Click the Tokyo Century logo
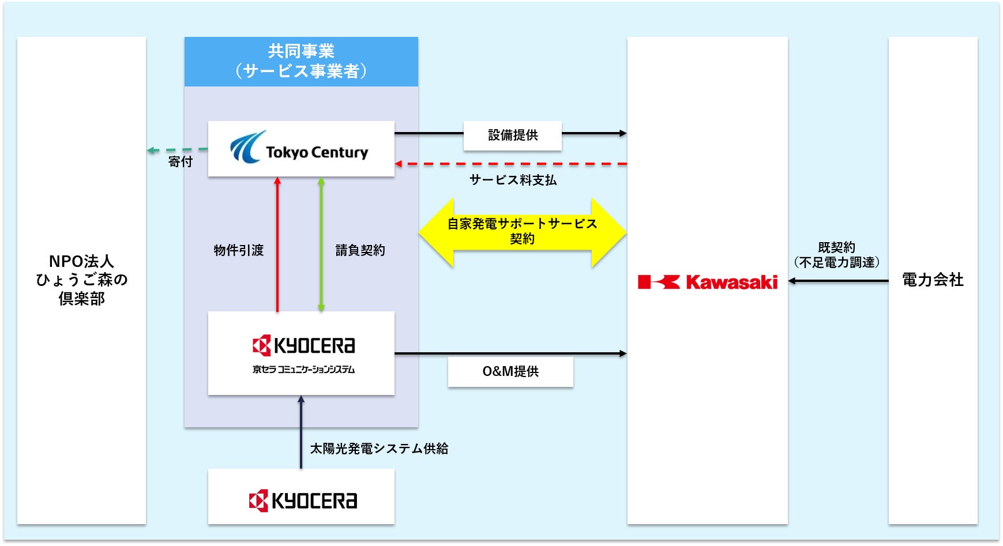(299, 148)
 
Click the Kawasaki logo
(708, 282)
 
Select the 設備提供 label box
(512, 135)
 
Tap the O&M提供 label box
(510, 371)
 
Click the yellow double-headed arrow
(522, 232)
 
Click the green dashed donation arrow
(176, 150)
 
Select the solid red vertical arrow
(277, 244)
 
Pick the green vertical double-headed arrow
(321, 244)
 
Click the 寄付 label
(180, 162)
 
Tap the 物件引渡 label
(238, 250)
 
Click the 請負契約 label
(360, 250)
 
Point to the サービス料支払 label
(513, 180)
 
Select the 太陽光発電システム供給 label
(379, 449)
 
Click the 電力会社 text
(932, 280)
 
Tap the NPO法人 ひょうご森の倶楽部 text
(81, 280)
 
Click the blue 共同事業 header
(301, 62)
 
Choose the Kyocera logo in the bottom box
(303, 500)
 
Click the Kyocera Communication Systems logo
(303, 353)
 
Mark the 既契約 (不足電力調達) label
(836, 255)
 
